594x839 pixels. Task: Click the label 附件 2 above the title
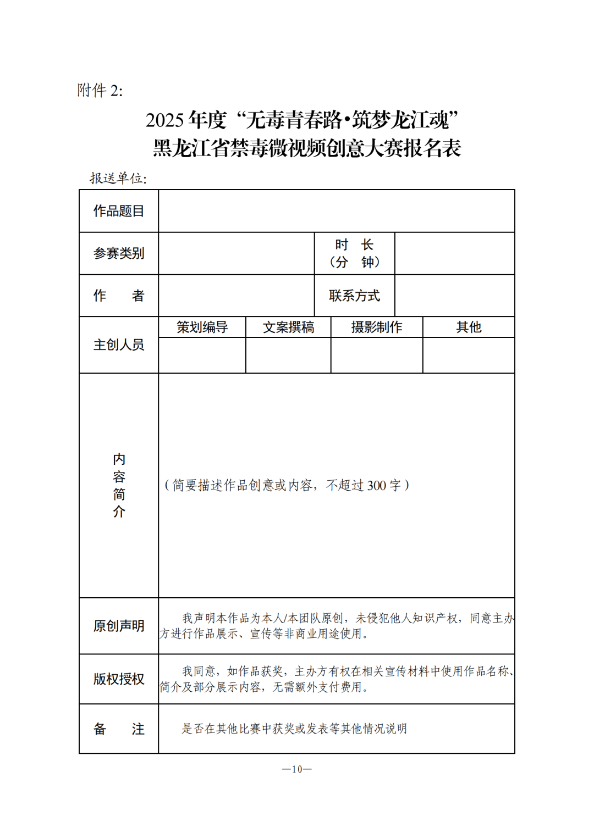(x=100, y=90)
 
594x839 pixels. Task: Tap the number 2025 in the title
(x=164, y=120)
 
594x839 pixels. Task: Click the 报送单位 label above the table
(x=118, y=178)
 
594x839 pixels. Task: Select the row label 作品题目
(x=119, y=211)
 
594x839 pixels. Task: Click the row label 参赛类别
(x=119, y=253)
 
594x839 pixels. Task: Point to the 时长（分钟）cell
(x=354, y=253)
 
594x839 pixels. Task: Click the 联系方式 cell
(x=354, y=296)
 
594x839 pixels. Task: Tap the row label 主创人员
(x=119, y=345)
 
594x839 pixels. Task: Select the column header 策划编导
(x=202, y=327)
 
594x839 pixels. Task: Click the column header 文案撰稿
(x=288, y=327)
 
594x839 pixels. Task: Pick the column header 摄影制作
(x=377, y=327)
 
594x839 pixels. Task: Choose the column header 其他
(x=469, y=327)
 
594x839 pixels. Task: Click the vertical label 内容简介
(x=119, y=485)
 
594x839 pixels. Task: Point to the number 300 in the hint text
(x=376, y=486)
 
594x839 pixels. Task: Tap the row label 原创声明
(x=119, y=626)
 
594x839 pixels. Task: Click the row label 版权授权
(x=119, y=679)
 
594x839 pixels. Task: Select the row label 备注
(x=119, y=729)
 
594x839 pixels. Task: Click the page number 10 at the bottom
(x=297, y=769)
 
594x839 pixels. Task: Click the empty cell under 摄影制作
(x=377, y=355)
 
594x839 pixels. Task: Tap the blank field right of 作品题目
(x=336, y=211)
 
